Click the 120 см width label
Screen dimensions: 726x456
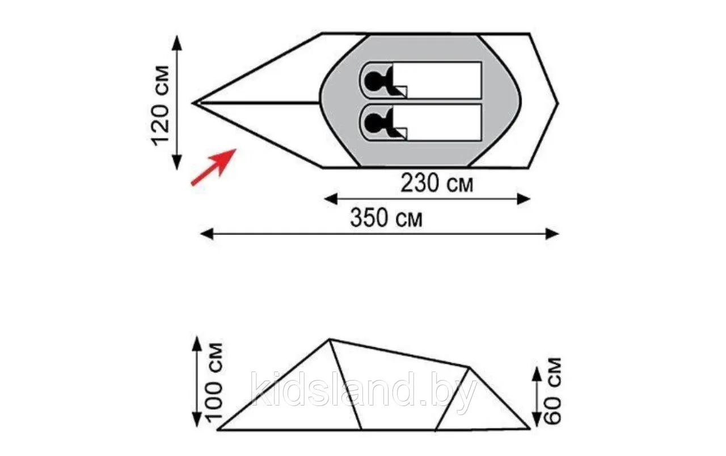160,105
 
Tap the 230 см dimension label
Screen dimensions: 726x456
437,183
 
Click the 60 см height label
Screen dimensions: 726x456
552,391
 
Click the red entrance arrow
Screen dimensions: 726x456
214,167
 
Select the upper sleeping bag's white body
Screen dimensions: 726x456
437,80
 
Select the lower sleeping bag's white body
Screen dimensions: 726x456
437,123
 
